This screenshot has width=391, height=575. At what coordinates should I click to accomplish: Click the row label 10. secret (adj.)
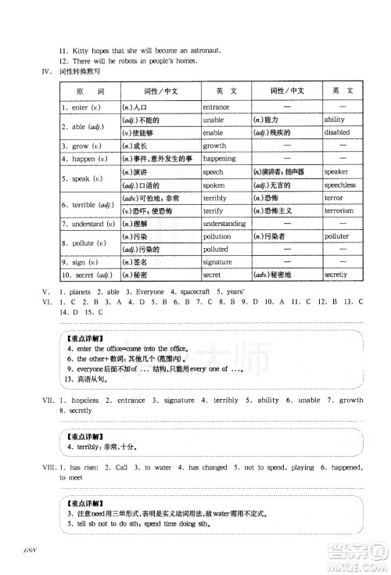coord(86,274)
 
